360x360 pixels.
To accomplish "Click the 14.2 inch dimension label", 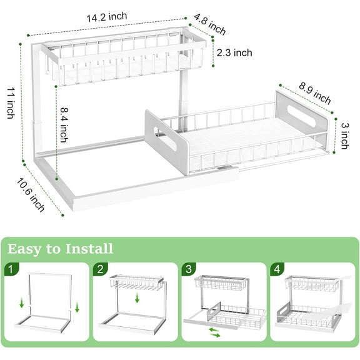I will (107, 17).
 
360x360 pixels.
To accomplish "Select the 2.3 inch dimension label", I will (234, 53).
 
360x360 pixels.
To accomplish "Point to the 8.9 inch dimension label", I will (314, 91).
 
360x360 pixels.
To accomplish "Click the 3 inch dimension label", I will (344, 135).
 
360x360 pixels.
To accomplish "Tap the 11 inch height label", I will (10, 102).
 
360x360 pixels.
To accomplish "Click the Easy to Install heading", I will (61, 249).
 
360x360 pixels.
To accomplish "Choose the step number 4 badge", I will (277, 270).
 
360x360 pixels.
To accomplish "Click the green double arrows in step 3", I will (214, 332).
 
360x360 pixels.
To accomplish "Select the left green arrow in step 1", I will (22, 304).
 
